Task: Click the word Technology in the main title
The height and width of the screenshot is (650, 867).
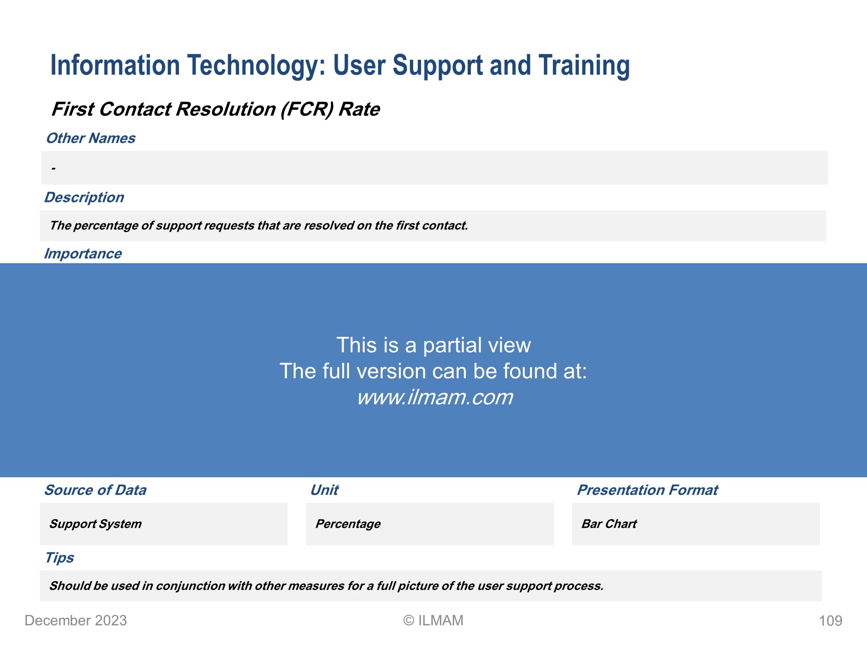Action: [x=256, y=66]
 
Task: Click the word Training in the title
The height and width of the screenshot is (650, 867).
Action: [x=584, y=66]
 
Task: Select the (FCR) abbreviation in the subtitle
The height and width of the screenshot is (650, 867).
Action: [x=307, y=109]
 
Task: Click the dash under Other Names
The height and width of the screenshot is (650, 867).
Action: [x=53, y=169]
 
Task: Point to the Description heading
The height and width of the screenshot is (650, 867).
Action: [x=84, y=197]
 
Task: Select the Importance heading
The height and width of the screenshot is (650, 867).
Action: [x=83, y=254]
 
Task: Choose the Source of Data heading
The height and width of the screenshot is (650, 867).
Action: [x=95, y=490]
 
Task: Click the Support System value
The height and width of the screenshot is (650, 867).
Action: [x=95, y=524]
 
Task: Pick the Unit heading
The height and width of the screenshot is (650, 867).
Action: [x=324, y=490]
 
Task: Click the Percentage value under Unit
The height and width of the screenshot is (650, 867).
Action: [x=348, y=524]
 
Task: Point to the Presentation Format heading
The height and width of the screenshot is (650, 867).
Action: [x=648, y=490]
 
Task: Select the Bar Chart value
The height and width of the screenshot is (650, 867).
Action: [x=609, y=524]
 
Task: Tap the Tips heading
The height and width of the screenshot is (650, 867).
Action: [x=59, y=558]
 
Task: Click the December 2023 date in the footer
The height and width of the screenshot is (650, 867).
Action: [x=76, y=621]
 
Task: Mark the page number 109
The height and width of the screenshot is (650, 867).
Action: [x=830, y=621]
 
